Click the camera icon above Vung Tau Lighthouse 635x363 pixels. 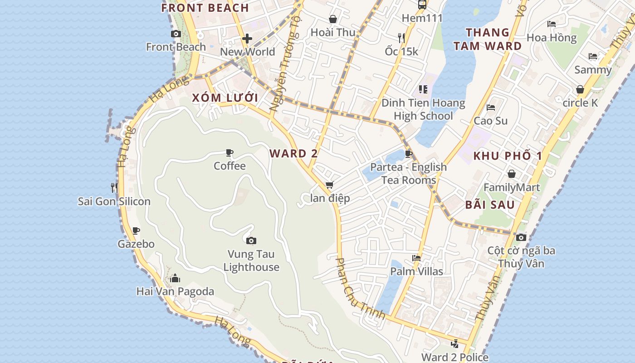coord(251,240)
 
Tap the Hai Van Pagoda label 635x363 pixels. coord(175,291)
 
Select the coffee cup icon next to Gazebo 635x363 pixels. coord(136,231)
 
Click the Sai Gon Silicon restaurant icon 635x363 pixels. coord(114,187)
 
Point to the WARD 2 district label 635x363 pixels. coord(293,153)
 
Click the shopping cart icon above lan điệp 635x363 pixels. coord(330,185)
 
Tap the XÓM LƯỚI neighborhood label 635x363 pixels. coord(225,98)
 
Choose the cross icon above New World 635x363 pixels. coord(247,39)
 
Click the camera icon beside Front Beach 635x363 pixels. coord(176,34)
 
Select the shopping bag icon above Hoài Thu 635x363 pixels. coord(333,19)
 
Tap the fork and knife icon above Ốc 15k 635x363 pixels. coord(401,38)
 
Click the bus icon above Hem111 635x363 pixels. coord(422,5)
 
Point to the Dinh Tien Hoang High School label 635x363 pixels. coord(423,109)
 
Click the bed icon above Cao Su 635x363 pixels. coord(490,108)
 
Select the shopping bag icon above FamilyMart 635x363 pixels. coord(512,174)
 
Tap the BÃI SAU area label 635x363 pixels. coord(490,205)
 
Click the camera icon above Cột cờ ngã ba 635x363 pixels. coord(521,237)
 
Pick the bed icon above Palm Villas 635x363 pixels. coord(416,258)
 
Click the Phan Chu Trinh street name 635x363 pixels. coord(360,289)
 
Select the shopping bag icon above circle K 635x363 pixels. coord(580,89)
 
